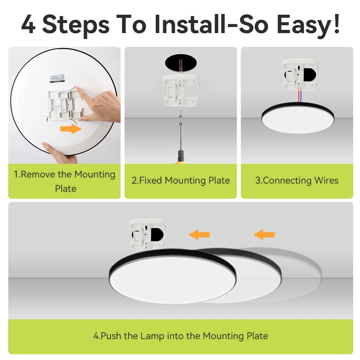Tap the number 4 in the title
click(28, 24)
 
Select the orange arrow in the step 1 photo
click(71, 129)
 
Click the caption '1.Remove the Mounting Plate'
click(65, 181)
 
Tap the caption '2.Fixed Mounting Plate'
click(181, 180)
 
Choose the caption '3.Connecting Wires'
click(297, 180)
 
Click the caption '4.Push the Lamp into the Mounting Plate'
click(181, 336)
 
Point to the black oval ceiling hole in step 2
click(181, 63)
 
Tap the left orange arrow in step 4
click(199, 235)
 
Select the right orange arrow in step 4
click(264, 235)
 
